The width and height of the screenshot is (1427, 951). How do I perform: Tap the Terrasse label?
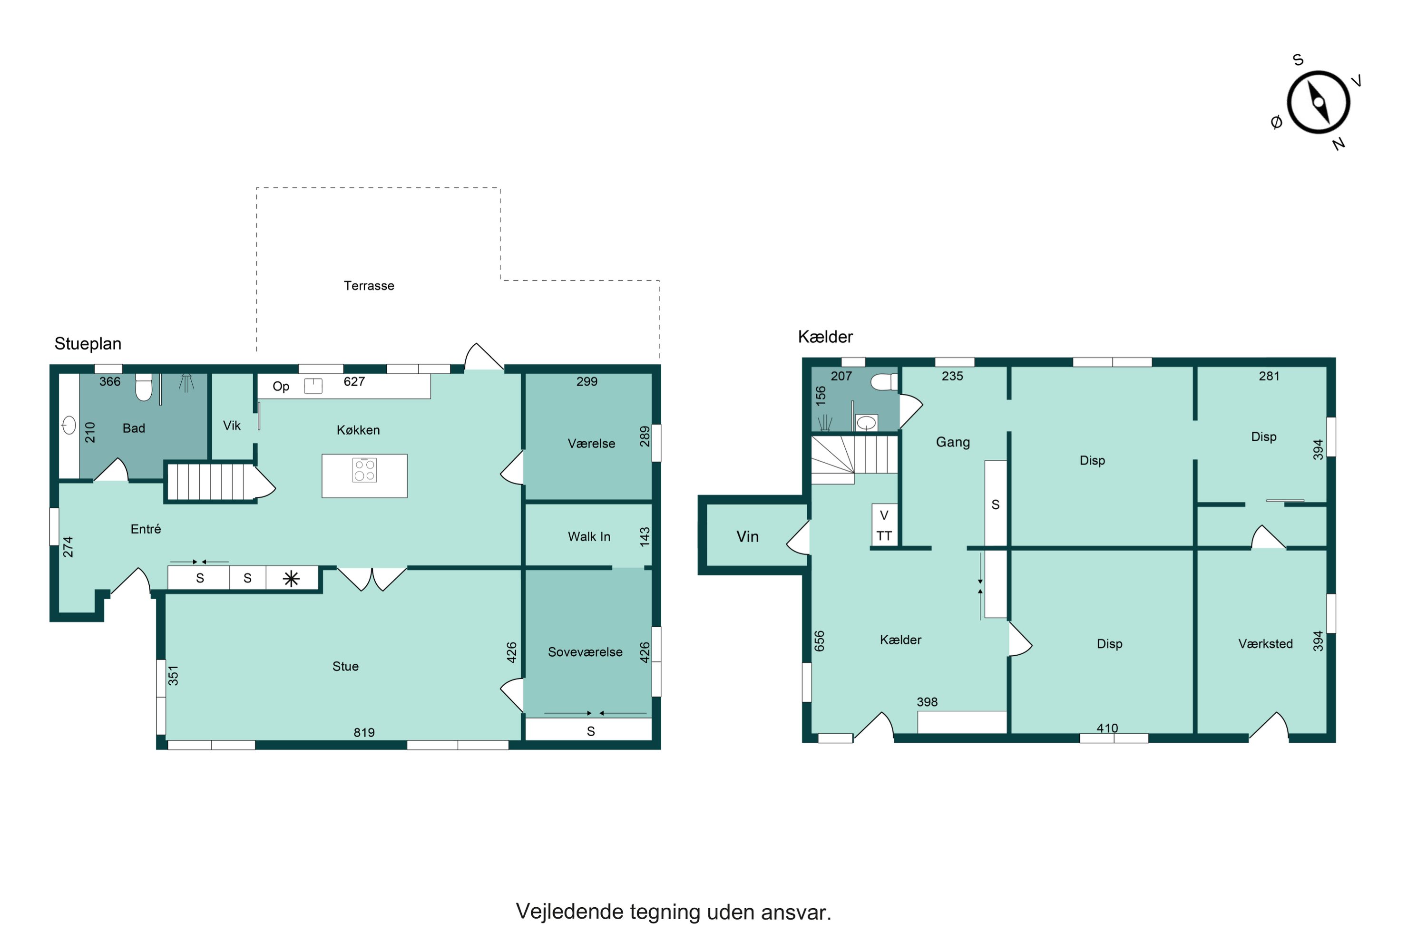(x=369, y=286)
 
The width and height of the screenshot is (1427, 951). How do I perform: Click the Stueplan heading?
(x=88, y=344)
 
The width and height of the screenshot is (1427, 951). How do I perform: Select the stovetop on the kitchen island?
(x=365, y=470)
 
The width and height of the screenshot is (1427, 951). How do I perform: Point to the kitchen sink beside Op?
(x=313, y=386)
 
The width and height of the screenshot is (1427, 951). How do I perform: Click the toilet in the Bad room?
(x=144, y=388)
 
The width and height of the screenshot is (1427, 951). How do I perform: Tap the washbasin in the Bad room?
(x=69, y=425)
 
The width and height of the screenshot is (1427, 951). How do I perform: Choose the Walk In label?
(x=589, y=537)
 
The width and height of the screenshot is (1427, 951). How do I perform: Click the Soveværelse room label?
(x=585, y=652)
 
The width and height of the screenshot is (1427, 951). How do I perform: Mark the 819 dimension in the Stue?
(x=364, y=733)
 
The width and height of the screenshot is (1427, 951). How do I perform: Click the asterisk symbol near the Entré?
(x=291, y=579)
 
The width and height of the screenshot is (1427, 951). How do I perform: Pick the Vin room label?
(x=747, y=537)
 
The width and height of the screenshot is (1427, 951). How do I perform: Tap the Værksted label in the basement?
(x=1266, y=644)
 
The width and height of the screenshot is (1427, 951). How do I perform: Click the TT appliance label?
(x=884, y=536)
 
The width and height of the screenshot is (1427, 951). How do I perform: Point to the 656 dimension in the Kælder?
(x=820, y=641)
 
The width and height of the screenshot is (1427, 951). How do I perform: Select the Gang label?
(x=953, y=442)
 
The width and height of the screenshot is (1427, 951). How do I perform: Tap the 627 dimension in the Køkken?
(x=354, y=381)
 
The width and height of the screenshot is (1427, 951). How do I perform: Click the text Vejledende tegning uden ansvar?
(x=674, y=912)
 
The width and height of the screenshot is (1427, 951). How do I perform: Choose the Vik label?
(x=232, y=426)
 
